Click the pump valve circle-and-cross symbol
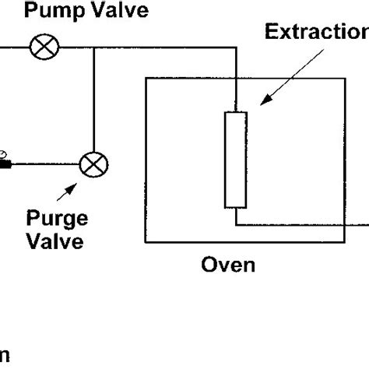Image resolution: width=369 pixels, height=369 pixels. point(40,49)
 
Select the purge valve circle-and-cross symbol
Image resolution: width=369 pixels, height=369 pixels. point(95,163)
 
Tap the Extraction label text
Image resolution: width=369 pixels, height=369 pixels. point(315,33)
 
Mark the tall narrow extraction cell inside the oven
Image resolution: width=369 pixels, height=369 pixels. point(234,160)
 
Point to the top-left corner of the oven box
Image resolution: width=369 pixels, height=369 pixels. point(143,76)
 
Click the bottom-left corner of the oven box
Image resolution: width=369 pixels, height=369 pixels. point(143,243)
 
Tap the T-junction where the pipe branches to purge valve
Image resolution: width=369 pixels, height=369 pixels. point(95,49)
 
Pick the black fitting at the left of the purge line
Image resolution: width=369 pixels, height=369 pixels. point(5,163)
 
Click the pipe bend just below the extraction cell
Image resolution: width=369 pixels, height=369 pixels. point(234,222)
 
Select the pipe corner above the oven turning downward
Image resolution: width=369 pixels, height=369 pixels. point(234,49)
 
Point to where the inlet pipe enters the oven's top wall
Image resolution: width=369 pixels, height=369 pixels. point(234,76)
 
